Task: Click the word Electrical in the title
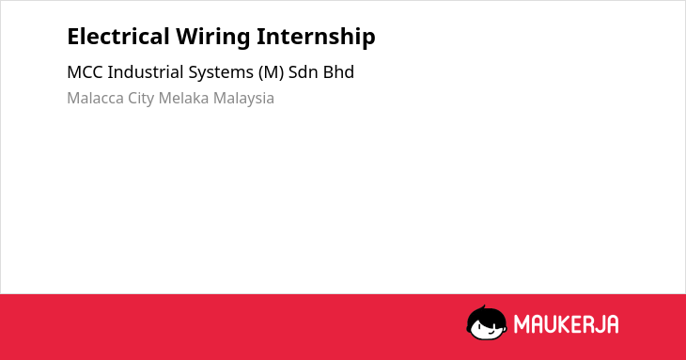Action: [118, 37]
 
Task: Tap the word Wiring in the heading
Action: [213, 38]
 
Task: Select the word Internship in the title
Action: [316, 38]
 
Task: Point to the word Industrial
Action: [146, 71]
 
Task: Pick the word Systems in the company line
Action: [221, 73]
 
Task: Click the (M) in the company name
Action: [272, 72]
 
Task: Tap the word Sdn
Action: [303, 71]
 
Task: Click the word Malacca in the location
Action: [95, 98]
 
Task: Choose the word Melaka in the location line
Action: [184, 98]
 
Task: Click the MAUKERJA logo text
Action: [566, 324]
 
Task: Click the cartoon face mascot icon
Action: [487, 322]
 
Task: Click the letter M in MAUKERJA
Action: [522, 324]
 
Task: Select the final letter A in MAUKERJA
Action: [612, 324]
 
